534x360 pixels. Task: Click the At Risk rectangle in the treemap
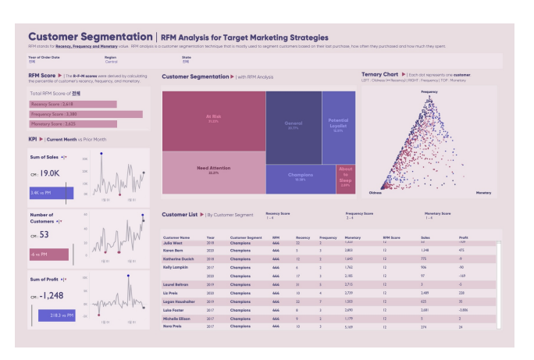coord(213,119)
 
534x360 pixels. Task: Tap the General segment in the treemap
coord(293,125)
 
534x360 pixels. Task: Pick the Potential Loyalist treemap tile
coord(338,125)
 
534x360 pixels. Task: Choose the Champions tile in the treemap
coord(301,179)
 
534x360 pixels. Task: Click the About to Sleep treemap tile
coord(345,179)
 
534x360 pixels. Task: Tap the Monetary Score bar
coord(73,123)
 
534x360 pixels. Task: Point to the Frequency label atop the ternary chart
coord(429,92)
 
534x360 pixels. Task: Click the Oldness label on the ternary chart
coord(375,192)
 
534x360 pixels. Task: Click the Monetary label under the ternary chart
coord(483,192)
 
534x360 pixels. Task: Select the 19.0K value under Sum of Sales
coord(50,173)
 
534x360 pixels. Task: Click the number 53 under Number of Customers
coord(44,234)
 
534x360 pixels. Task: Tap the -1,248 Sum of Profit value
coord(53,295)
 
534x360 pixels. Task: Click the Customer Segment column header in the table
coord(245,237)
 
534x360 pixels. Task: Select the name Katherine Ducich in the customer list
coord(178,258)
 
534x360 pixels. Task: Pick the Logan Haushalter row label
coord(179,299)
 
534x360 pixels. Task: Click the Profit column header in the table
coord(465,237)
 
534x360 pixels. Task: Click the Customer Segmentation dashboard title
coord(90,37)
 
